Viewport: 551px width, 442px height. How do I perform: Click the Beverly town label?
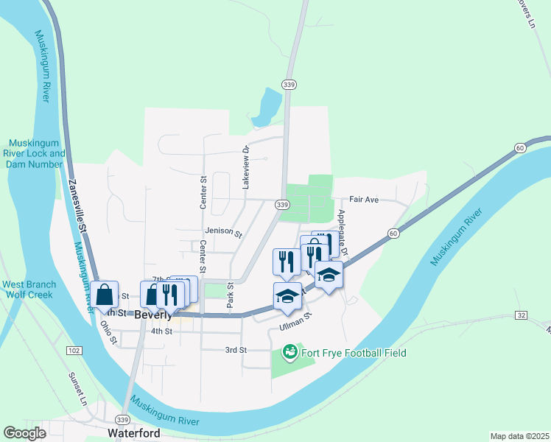[153, 314]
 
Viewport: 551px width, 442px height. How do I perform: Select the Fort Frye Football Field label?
[353, 353]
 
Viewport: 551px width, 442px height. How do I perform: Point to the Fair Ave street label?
[363, 200]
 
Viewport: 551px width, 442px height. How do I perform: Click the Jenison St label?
[223, 232]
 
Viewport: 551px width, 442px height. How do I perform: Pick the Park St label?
[230, 295]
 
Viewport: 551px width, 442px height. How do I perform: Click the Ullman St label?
[296, 322]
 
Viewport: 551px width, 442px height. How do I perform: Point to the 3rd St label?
[235, 350]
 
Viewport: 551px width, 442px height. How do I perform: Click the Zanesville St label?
[77, 206]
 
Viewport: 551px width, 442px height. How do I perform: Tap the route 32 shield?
[521, 315]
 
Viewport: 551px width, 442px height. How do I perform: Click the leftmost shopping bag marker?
[106, 294]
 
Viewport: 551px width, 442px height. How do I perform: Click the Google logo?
[25, 433]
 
